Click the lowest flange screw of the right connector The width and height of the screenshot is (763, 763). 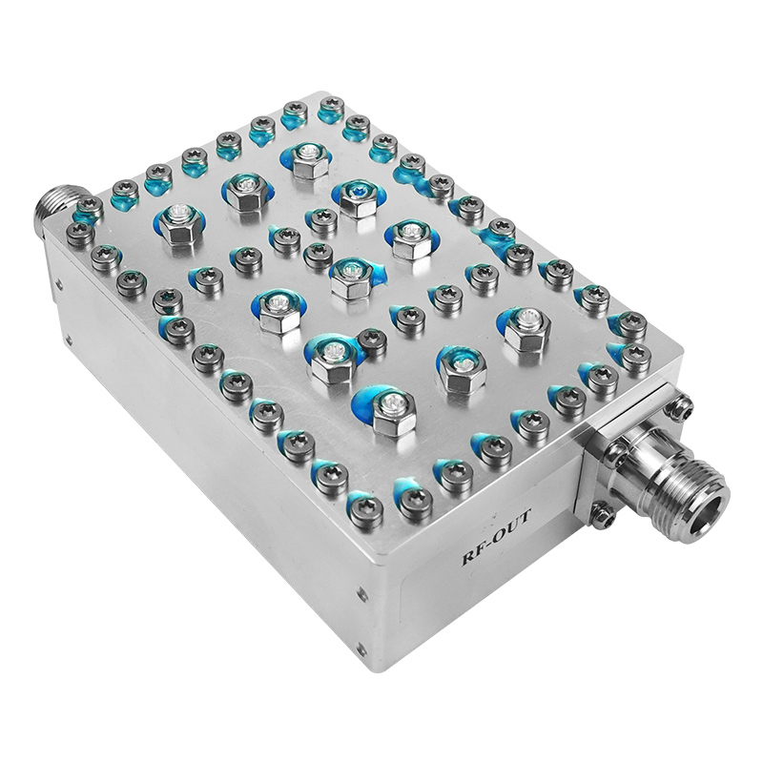[x=599, y=516]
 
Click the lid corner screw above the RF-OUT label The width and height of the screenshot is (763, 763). [x=365, y=511]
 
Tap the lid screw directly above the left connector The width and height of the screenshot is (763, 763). [x=88, y=207]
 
